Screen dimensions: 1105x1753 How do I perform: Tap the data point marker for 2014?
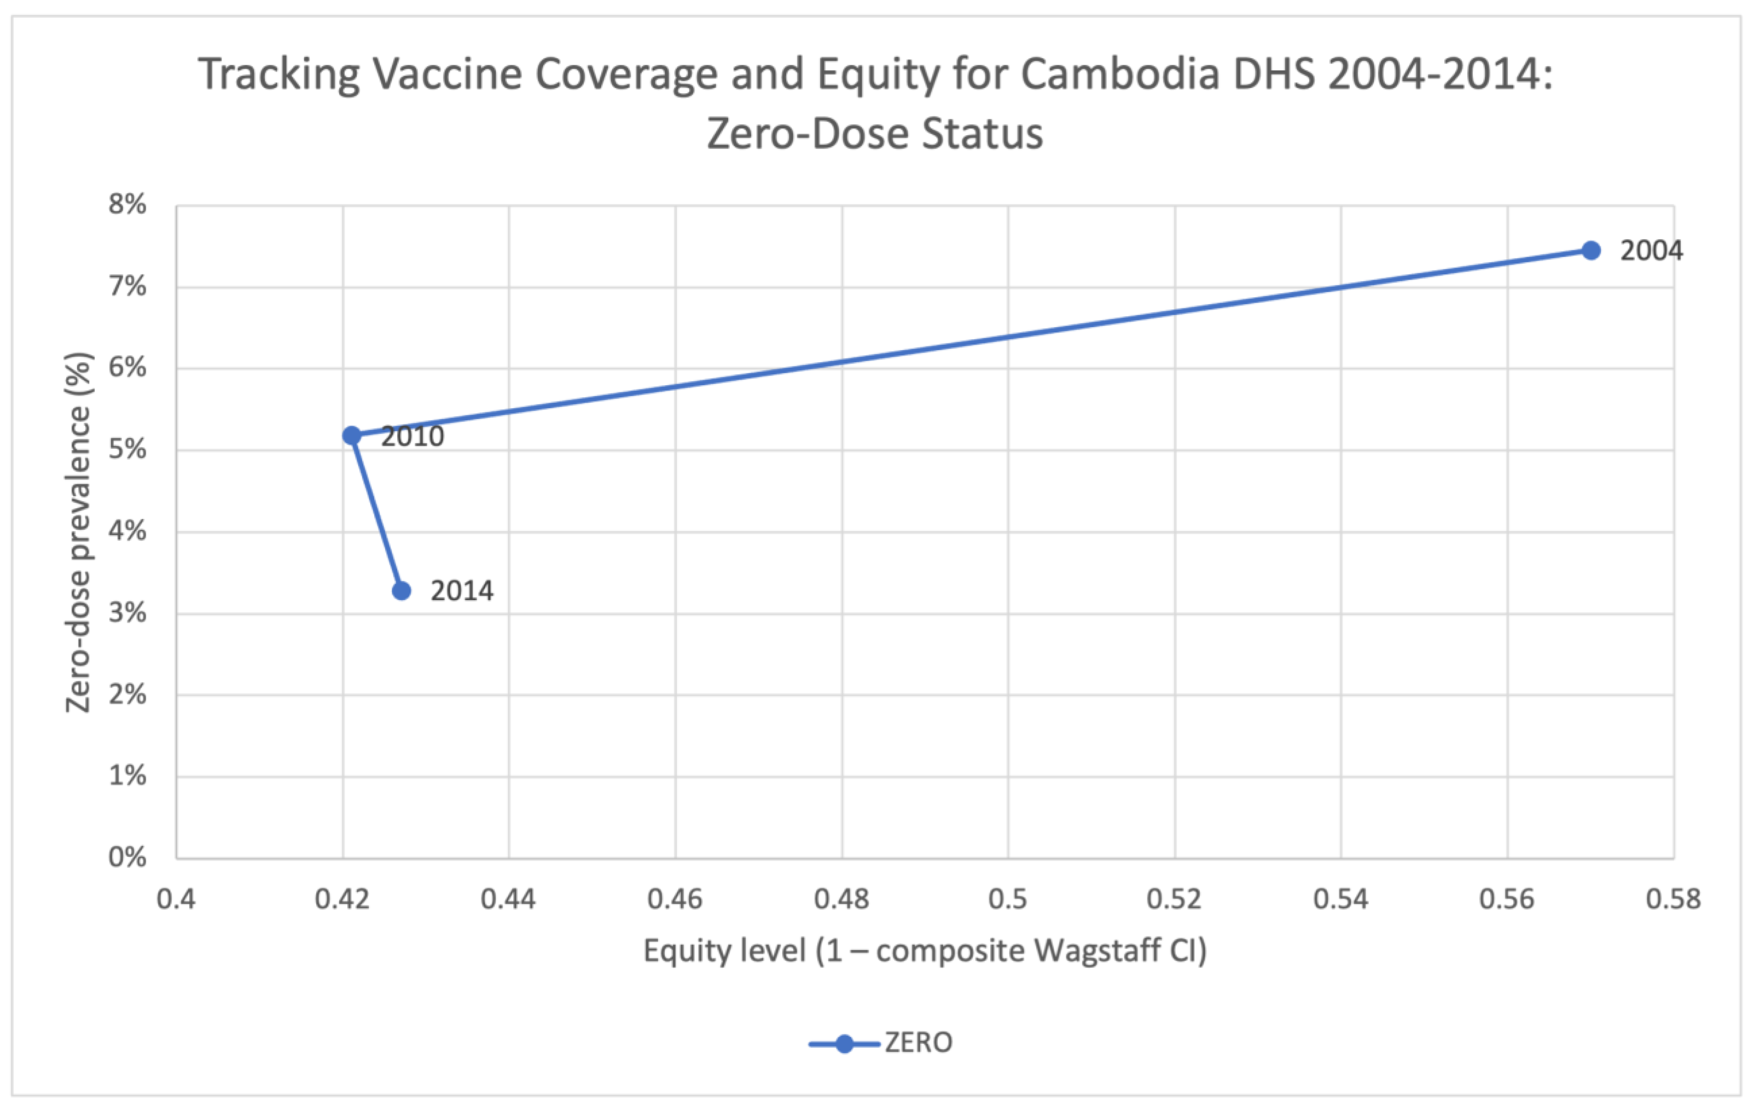[x=401, y=591]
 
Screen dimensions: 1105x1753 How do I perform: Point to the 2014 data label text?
[x=462, y=591]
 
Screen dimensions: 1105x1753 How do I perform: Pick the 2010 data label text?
[x=413, y=437]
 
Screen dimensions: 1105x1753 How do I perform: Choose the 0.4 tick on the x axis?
[x=176, y=900]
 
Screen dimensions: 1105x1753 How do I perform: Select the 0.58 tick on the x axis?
[x=1673, y=900]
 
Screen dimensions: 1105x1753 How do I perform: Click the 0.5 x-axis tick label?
[x=1008, y=900]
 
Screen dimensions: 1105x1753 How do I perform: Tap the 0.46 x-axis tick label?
[x=675, y=900]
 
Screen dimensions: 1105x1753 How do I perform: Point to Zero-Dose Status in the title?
[x=875, y=134]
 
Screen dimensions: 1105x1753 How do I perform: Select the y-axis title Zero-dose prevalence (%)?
[x=79, y=532]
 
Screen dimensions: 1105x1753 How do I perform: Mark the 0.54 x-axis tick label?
[x=1340, y=900]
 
